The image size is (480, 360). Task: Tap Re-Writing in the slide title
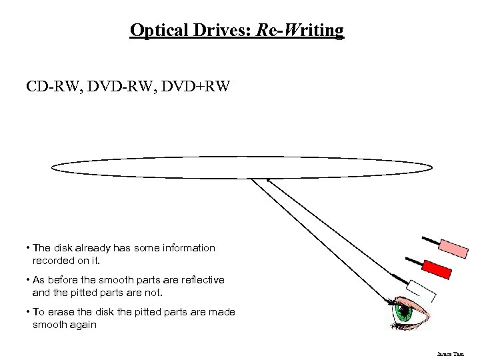tap(299, 30)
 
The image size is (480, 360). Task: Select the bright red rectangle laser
tap(437, 269)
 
